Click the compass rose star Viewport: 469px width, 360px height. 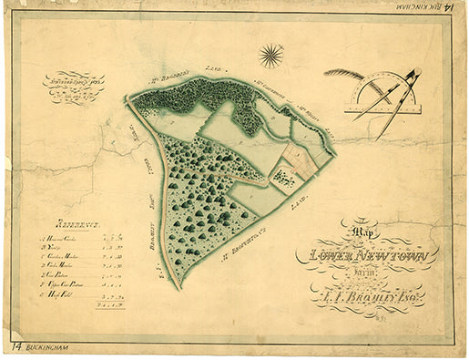coord(270,57)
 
